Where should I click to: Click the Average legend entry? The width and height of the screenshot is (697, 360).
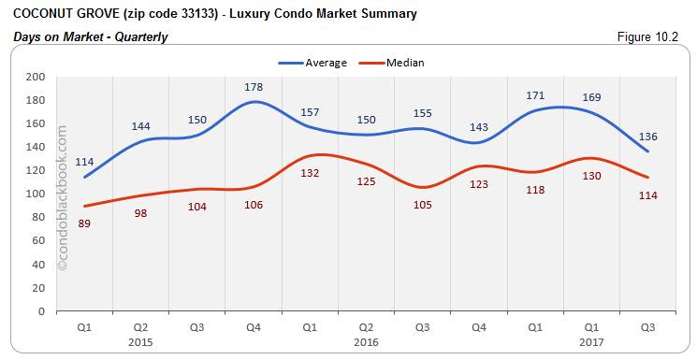(326, 63)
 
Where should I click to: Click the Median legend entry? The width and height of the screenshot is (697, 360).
(404, 63)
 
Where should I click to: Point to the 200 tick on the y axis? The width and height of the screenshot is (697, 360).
(36, 77)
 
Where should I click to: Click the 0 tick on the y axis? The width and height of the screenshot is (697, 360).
(43, 311)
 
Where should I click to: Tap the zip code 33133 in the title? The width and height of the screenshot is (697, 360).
(188, 14)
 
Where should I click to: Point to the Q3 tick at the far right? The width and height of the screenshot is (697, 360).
(648, 327)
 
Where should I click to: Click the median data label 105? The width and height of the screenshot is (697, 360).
(423, 204)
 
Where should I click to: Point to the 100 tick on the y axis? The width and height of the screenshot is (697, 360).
(36, 194)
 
